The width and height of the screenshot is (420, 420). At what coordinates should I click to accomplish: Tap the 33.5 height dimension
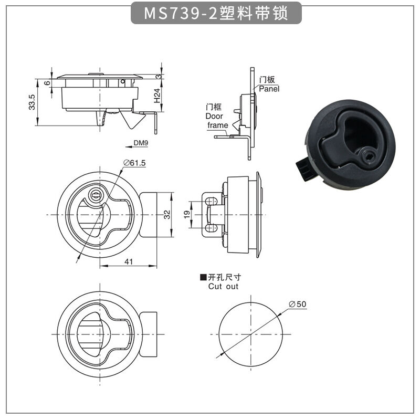[x=32, y=102]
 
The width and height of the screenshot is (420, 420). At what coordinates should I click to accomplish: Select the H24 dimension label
[x=157, y=96]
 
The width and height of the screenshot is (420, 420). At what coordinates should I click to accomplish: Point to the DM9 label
[x=141, y=143]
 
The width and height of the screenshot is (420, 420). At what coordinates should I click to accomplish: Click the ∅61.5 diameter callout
[x=134, y=163]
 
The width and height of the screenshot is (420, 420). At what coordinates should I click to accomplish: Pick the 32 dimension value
[x=167, y=215]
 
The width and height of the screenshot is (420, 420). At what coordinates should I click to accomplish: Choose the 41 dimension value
[x=129, y=261]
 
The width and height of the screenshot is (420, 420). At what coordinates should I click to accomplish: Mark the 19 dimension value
[x=187, y=215]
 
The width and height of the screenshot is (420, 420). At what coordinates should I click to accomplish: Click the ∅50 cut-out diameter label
[x=298, y=304]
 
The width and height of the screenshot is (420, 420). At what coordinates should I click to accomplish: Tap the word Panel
[x=269, y=89]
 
